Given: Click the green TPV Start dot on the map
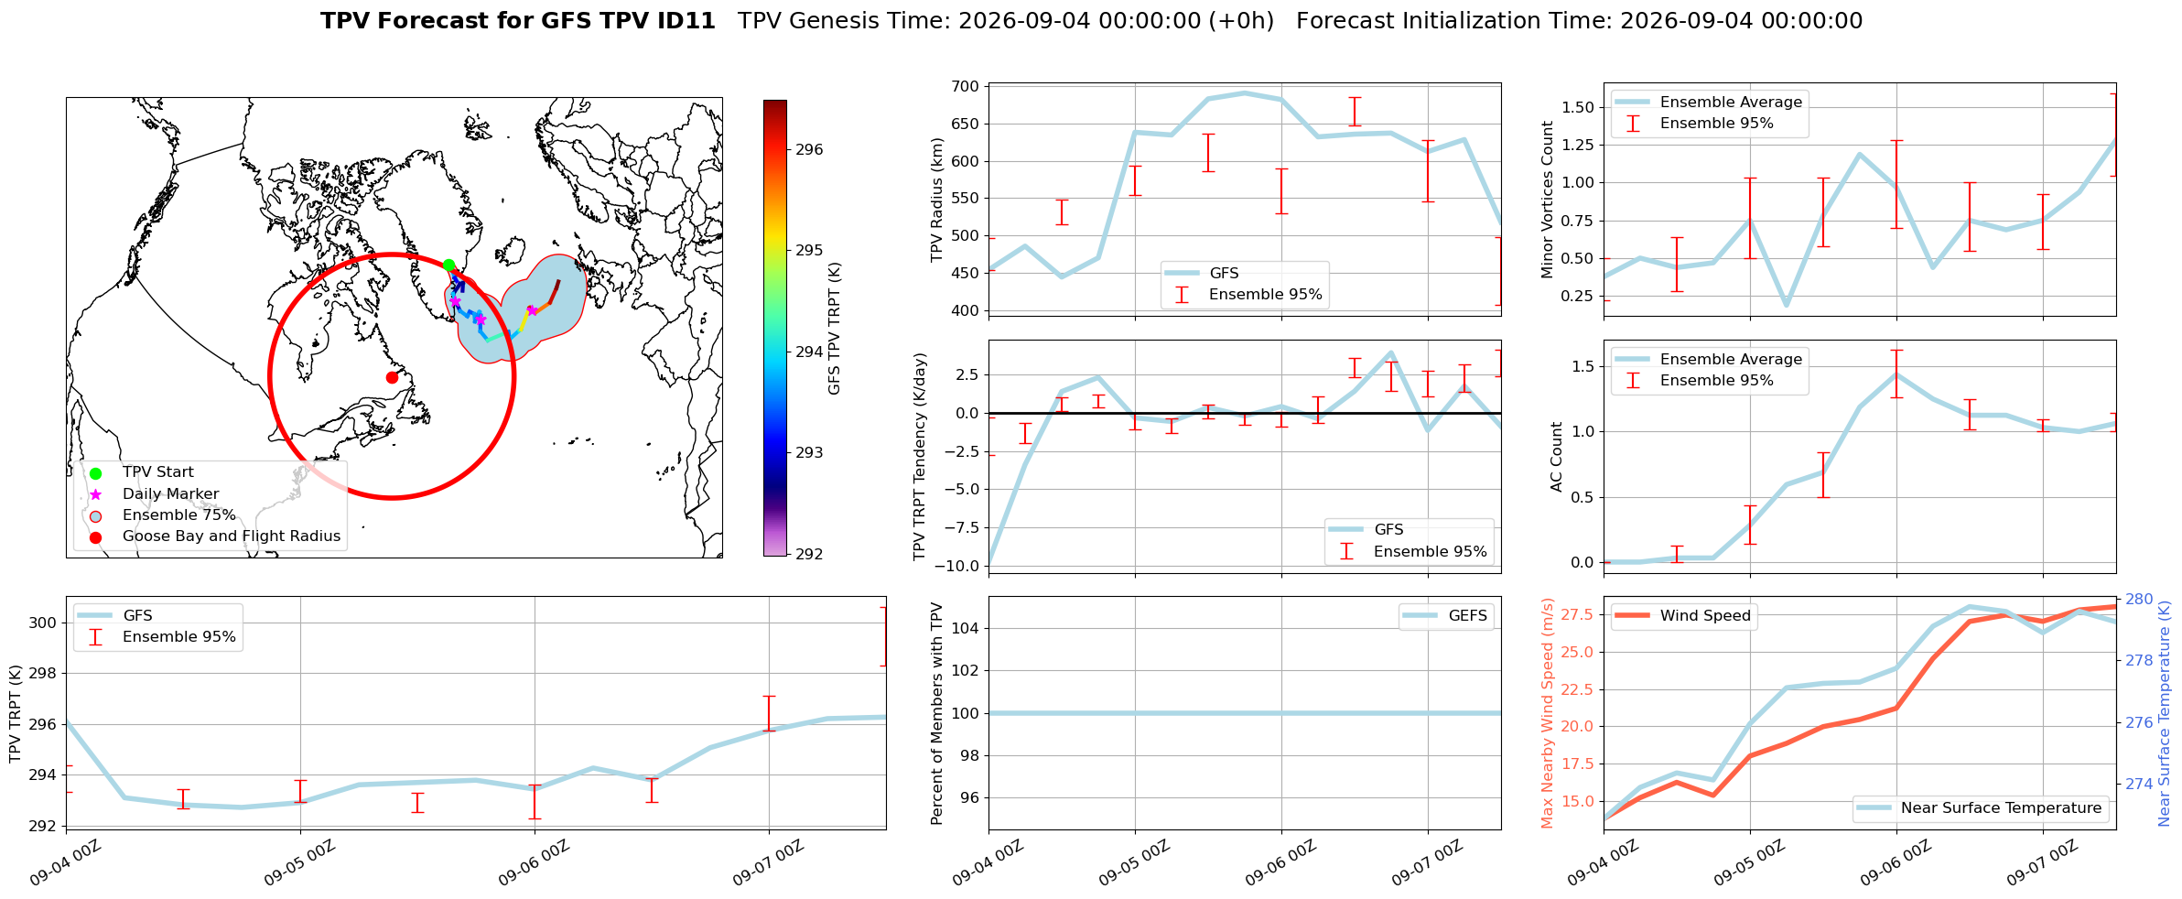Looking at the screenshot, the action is (x=448, y=265).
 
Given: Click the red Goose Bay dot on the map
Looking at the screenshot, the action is (x=392, y=377).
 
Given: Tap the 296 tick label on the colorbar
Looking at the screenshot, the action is (x=809, y=150).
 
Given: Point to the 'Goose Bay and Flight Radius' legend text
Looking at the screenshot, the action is (x=232, y=536).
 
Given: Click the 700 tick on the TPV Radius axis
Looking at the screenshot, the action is (x=967, y=87).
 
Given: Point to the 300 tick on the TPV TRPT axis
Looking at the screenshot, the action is (x=45, y=623).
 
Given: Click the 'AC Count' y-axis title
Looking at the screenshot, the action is (x=1557, y=457).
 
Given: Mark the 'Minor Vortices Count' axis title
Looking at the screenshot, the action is (x=1548, y=200).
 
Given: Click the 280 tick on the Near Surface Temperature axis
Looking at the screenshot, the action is (x=2139, y=600).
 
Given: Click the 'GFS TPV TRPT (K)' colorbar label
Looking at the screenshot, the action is (x=834, y=329).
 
